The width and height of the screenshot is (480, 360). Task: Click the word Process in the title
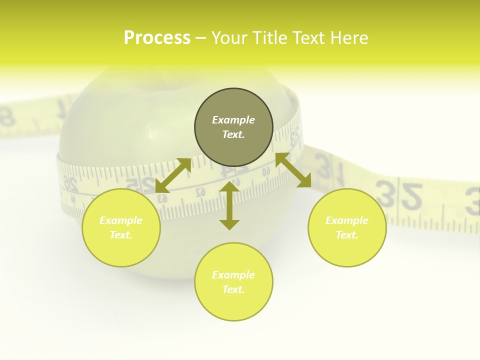point(157,38)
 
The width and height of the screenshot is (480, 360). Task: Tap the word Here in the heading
point(349,38)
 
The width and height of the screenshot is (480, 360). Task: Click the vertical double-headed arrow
point(229,205)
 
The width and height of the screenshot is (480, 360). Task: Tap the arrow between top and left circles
point(173,175)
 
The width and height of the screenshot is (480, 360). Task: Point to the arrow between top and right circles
point(293,170)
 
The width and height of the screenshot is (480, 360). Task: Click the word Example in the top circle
point(233,120)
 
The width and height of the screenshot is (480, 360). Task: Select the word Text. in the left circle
point(121,235)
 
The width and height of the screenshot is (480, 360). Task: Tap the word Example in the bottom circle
point(233,275)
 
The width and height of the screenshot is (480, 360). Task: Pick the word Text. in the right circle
point(347,235)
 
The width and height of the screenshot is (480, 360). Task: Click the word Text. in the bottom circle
point(233,289)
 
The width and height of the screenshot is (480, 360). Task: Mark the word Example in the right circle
point(347,220)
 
